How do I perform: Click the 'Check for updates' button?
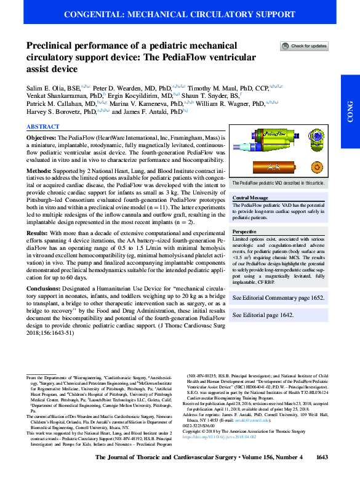tap(304, 46)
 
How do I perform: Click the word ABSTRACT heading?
tap(42, 126)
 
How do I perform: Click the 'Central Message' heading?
tap(250, 198)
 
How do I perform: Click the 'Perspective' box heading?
tap(244, 231)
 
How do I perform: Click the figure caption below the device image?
tap(279, 183)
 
